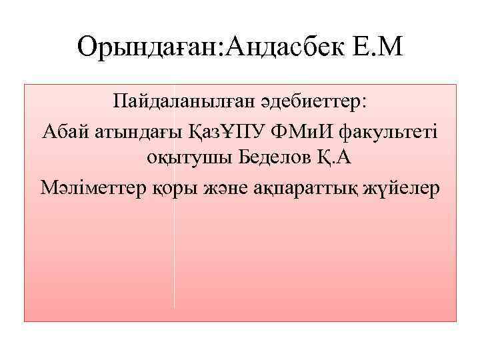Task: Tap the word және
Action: [x=225, y=189]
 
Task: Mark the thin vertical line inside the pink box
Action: [x=174, y=253]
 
